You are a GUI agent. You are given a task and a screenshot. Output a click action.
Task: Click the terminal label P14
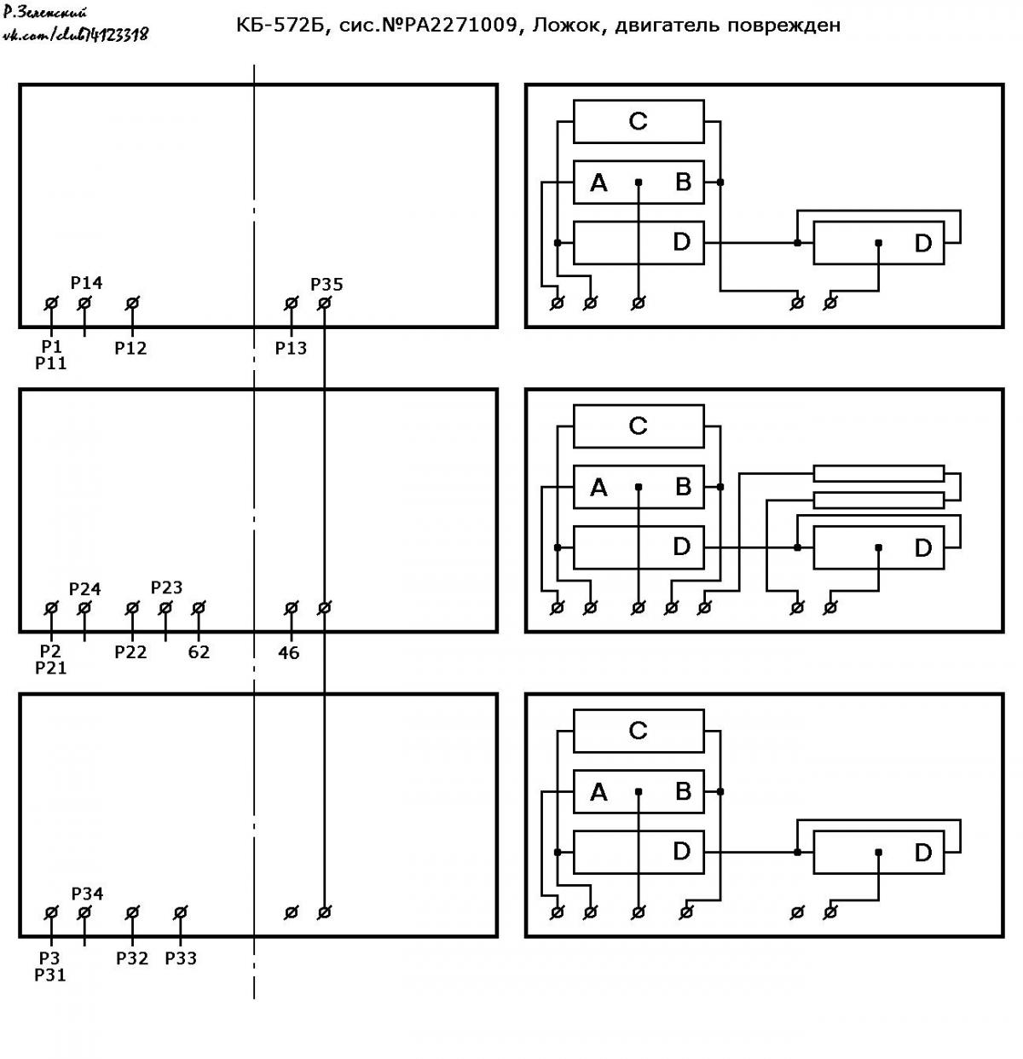click(86, 283)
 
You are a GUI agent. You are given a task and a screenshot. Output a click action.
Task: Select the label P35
click(327, 285)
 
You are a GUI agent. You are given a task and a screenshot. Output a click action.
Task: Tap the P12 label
click(130, 348)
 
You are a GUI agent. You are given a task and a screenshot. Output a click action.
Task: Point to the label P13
click(291, 348)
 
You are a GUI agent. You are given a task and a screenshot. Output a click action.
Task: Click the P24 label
click(85, 589)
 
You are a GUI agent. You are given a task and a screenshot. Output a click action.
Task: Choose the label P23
click(166, 587)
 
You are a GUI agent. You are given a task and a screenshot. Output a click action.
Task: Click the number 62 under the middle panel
click(199, 652)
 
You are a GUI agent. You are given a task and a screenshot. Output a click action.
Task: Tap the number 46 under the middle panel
click(288, 652)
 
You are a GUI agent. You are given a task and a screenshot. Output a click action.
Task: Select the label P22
click(130, 652)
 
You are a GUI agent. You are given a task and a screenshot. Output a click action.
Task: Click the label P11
click(50, 363)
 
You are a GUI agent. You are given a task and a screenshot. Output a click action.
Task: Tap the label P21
click(50, 668)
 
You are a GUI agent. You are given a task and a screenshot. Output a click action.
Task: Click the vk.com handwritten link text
click(76, 35)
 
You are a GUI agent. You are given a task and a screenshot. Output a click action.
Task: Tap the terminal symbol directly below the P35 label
click(324, 303)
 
